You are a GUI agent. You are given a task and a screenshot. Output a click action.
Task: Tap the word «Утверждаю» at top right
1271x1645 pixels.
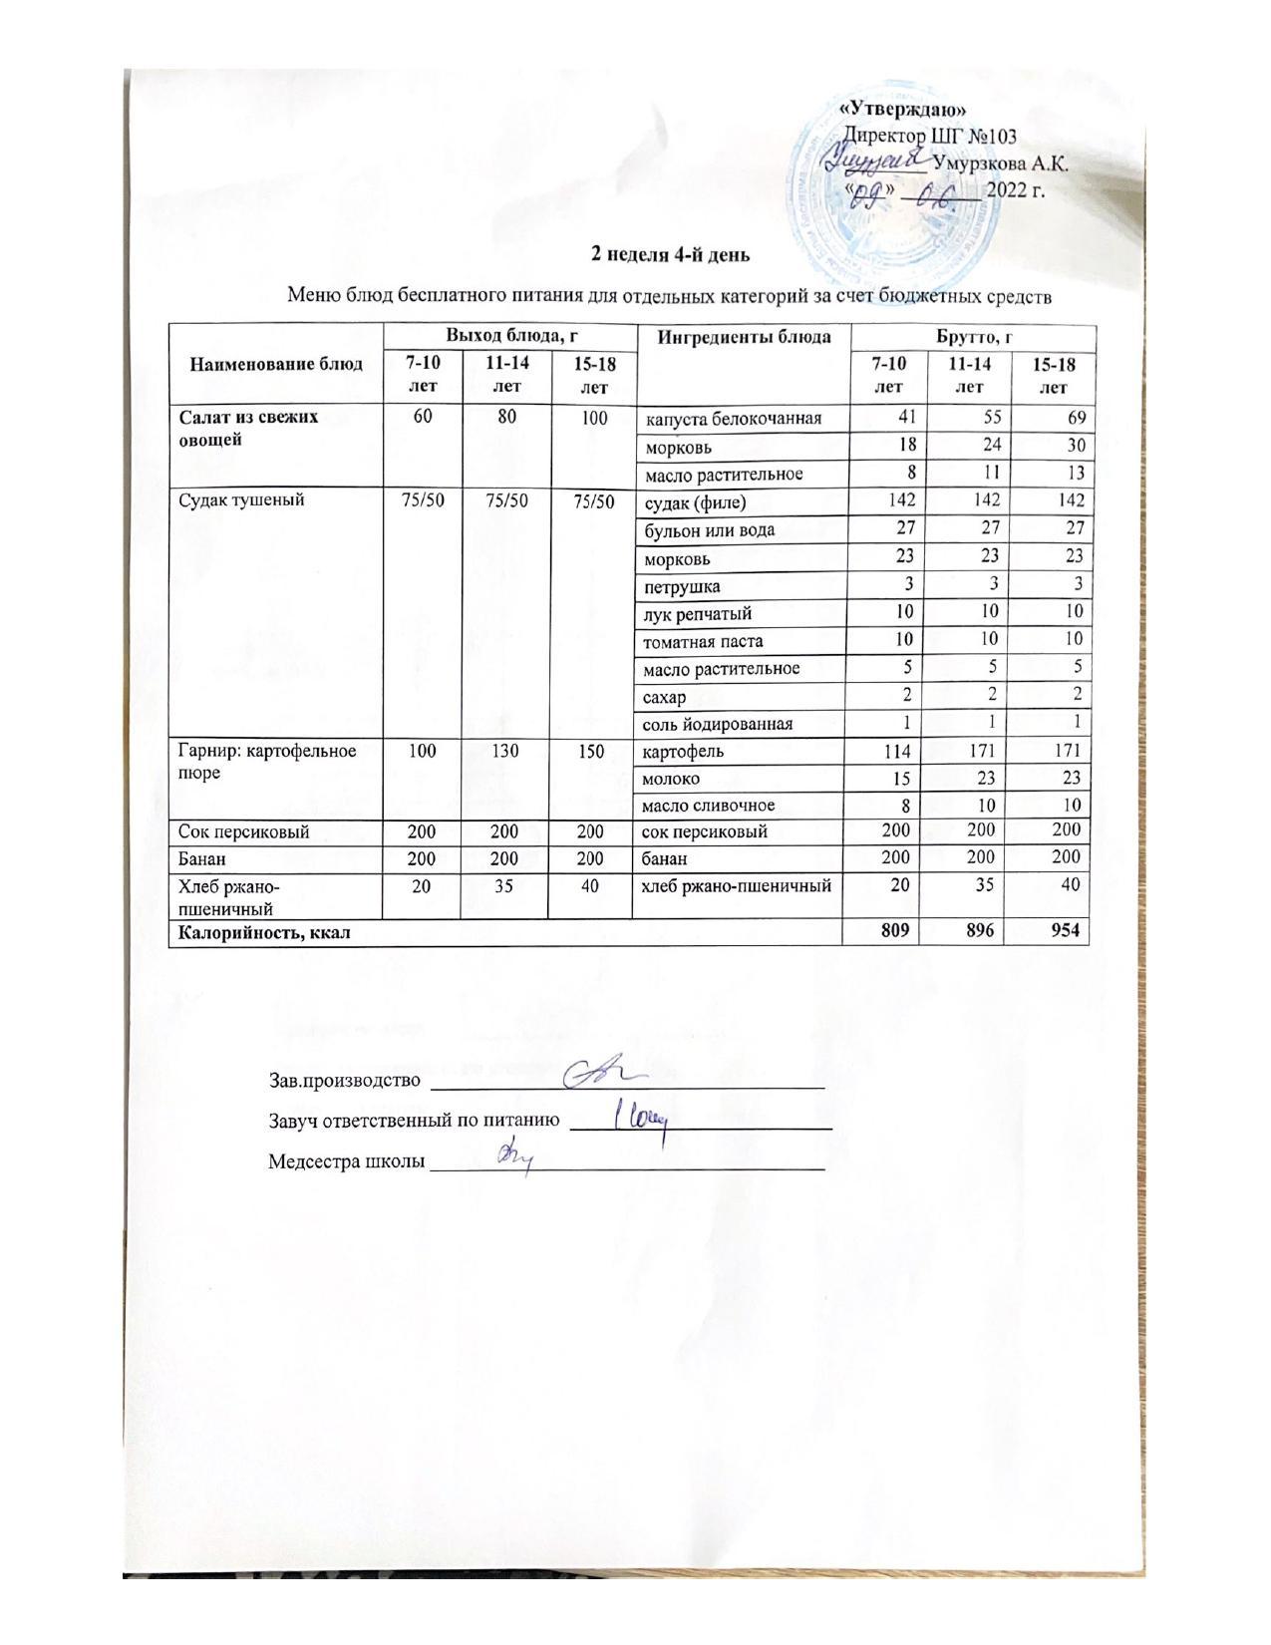[x=905, y=110]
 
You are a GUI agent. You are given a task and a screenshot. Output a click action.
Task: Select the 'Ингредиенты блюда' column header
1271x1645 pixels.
[x=744, y=336]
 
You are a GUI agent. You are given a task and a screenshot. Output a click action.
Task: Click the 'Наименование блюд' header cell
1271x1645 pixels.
[x=276, y=364]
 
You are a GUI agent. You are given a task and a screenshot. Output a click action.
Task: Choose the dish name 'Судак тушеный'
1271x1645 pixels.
[x=241, y=500]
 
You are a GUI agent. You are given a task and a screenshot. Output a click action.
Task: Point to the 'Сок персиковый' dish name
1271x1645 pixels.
[x=244, y=831]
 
